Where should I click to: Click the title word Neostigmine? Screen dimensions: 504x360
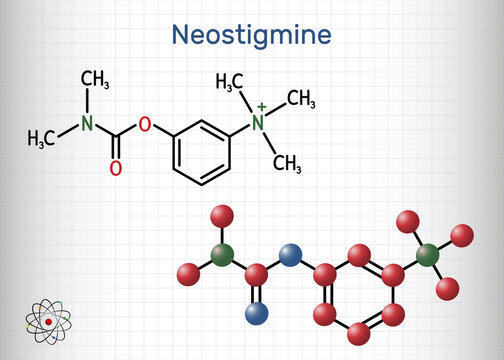click(x=251, y=35)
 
